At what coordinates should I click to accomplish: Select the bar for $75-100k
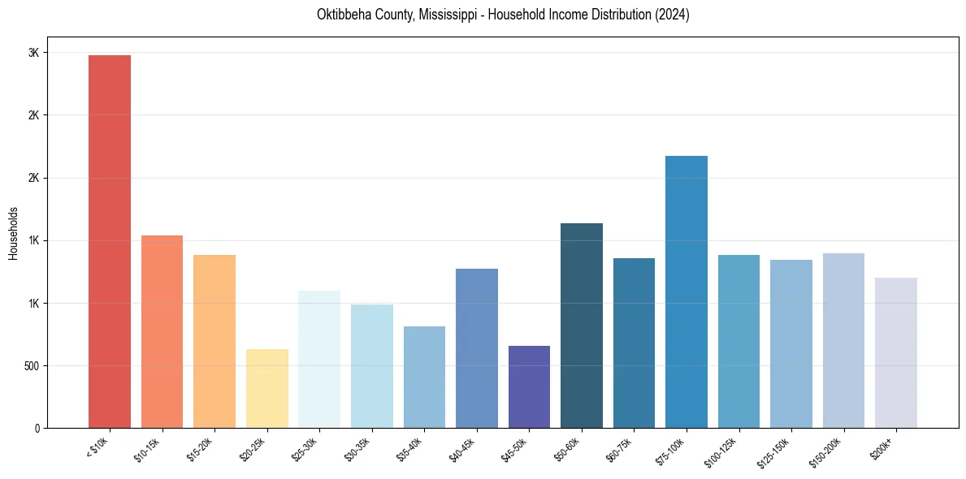[x=687, y=291]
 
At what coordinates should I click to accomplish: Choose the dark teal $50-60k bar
[x=582, y=326]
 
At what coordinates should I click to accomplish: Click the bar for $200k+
[x=896, y=352]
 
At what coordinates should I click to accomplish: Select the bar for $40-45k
[x=477, y=348]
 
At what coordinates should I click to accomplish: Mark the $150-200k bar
[x=843, y=340]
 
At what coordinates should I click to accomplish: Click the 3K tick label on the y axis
[x=34, y=53]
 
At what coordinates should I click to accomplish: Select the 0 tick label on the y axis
[x=37, y=429]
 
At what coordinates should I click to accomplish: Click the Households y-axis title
[x=14, y=233]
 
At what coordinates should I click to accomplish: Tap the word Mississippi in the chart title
[x=445, y=15]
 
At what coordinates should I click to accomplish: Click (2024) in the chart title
[x=673, y=15]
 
